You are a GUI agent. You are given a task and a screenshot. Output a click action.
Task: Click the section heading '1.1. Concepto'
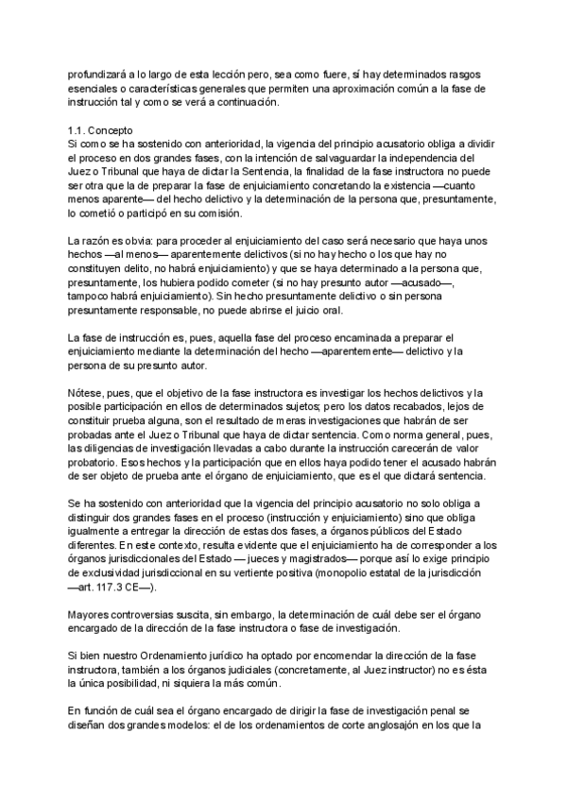point(102,129)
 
